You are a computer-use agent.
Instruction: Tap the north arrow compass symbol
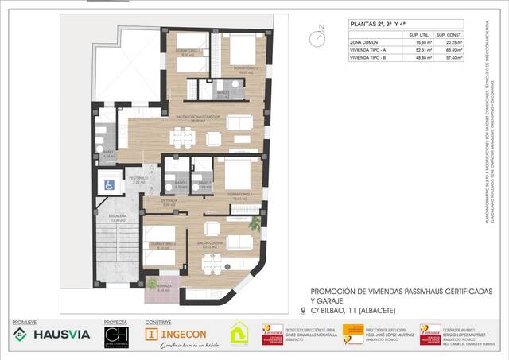pyautogui.click(x=320, y=35)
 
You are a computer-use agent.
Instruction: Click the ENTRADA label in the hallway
pyautogui.click(x=169, y=201)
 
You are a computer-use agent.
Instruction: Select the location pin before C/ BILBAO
pyautogui.click(x=303, y=311)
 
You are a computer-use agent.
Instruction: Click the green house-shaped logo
pyautogui.click(x=239, y=334)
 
